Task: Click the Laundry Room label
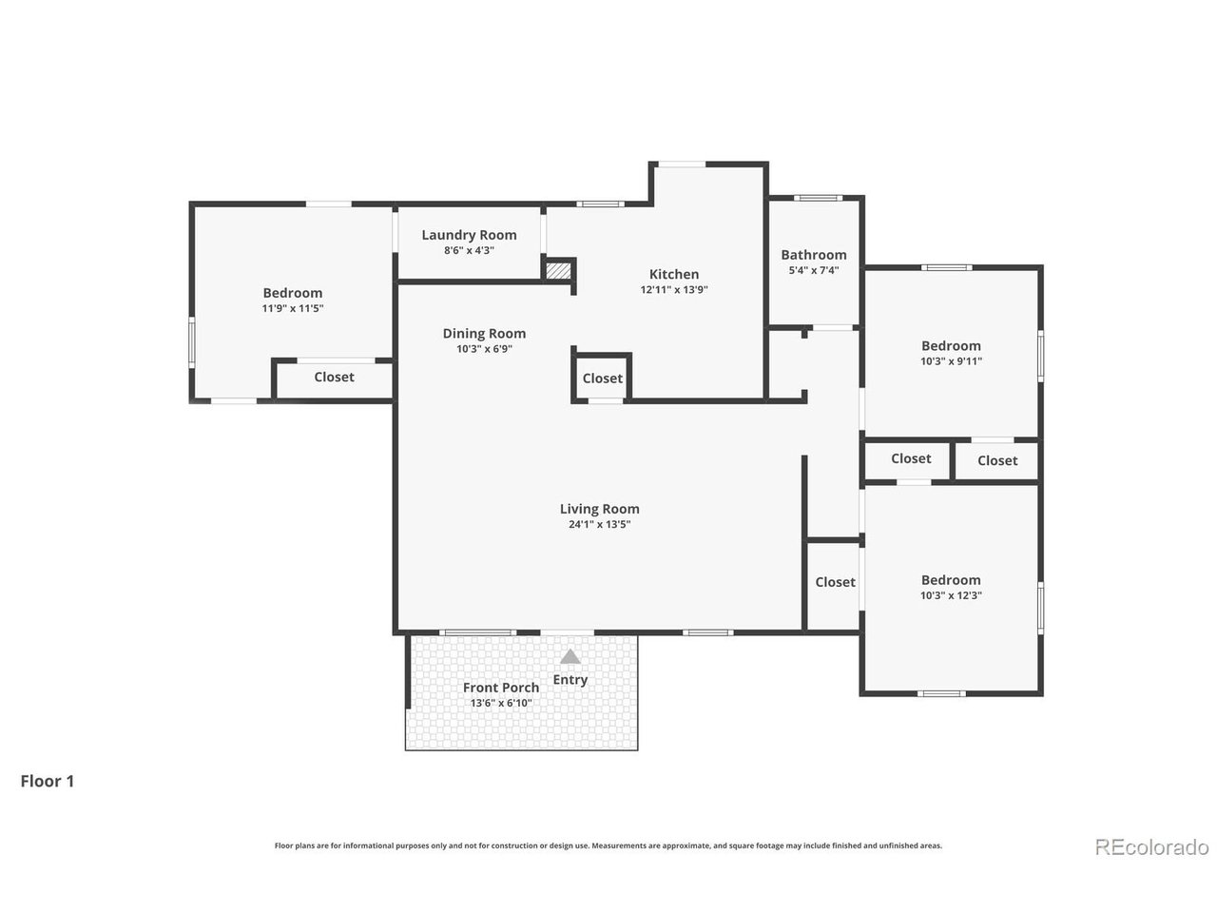469,235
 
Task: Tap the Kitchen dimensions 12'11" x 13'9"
674,289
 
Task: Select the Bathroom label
813,255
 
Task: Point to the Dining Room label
484,334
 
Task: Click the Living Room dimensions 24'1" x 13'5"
599,524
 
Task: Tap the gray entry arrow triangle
570,657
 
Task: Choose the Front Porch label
501,688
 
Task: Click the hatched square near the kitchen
558,271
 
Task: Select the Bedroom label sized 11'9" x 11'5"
292,293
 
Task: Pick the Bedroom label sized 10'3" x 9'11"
951,346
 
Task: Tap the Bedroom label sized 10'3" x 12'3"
951,580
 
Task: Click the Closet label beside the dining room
602,379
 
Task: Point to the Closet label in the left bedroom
334,377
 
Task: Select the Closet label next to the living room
835,582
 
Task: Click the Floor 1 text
48,781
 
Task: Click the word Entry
570,680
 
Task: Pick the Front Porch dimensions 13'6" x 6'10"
501,703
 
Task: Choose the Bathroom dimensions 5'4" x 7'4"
813,270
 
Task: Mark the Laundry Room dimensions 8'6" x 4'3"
469,250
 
